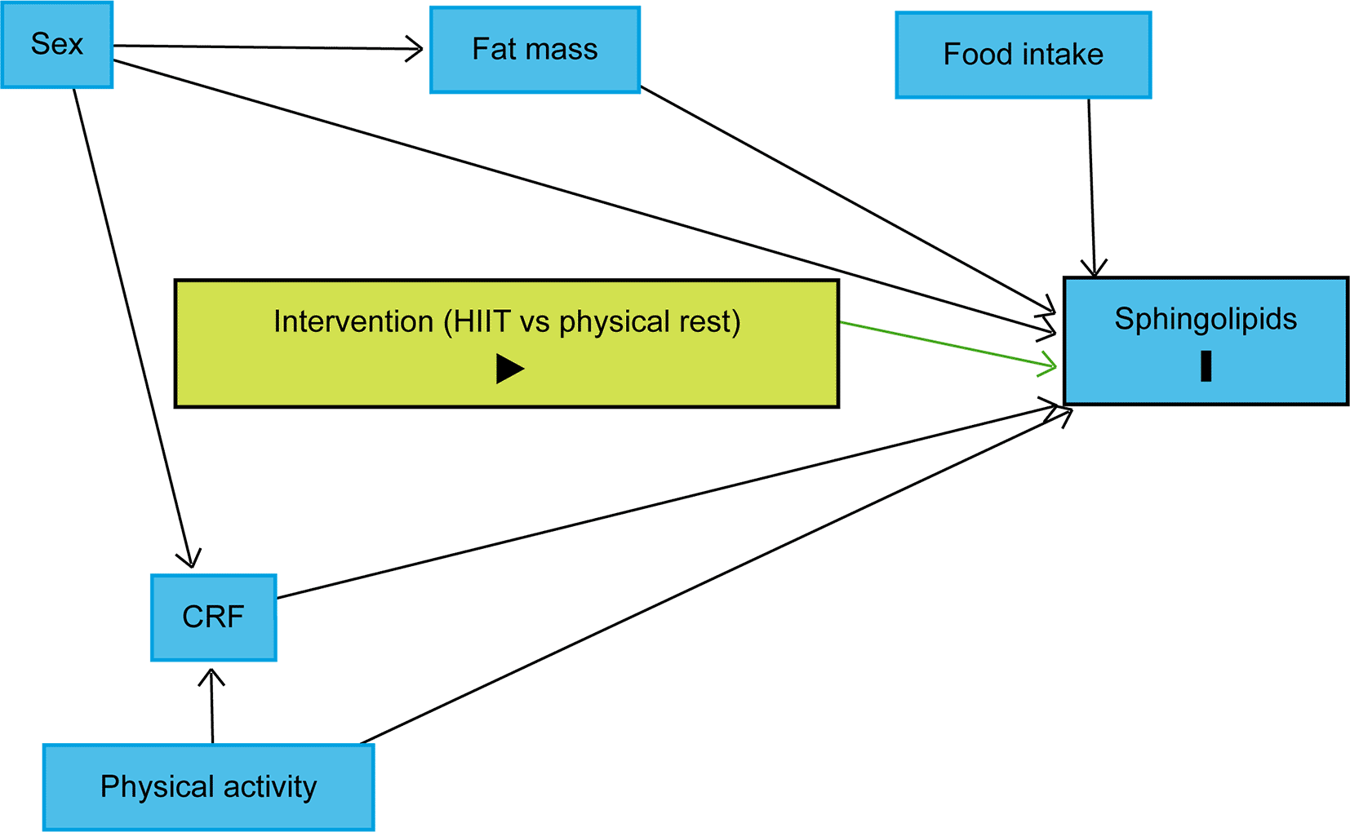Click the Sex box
(x=57, y=44)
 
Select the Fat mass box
(x=535, y=50)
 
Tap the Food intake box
(x=1023, y=55)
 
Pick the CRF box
(x=213, y=617)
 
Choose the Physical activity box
(x=208, y=786)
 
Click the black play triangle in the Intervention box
(x=509, y=369)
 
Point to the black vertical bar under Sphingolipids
(x=1206, y=366)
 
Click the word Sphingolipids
(x=1206, y=319)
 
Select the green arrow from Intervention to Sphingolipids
(x=947, y=345)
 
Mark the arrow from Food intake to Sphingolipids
(x=1091, y=188)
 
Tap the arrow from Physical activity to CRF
(x=212, y=706)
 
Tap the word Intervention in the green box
(x=353, y=321)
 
